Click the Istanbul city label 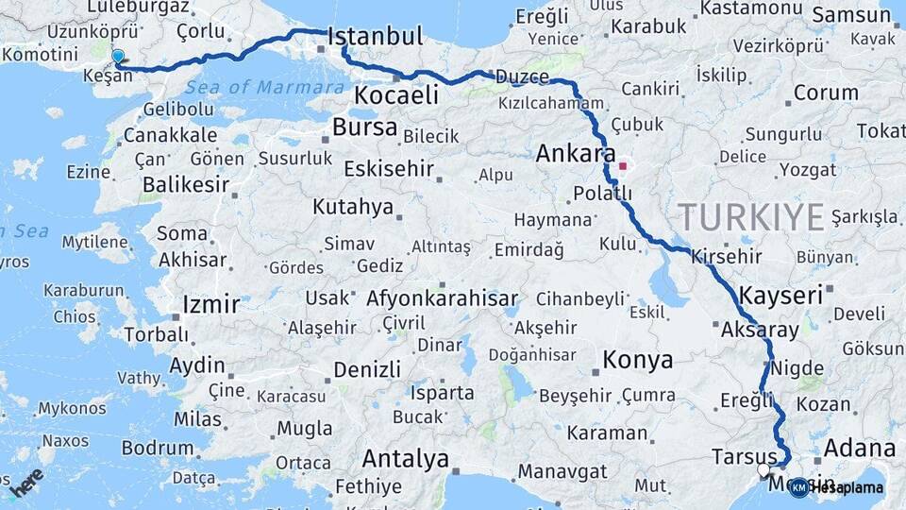pos(376,38)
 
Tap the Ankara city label pos(575,153)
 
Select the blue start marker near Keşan pos(118,57)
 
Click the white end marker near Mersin pos(763,469)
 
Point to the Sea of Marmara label pos(264,88)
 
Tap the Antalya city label pos(406,460)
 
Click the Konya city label pos(638,360)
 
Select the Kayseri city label pos(780,296)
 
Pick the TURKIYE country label pos(752,217)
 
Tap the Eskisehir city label pos(389,170)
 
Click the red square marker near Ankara pos(623,167)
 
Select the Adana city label pos(859,448)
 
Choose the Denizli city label pos(367,369)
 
